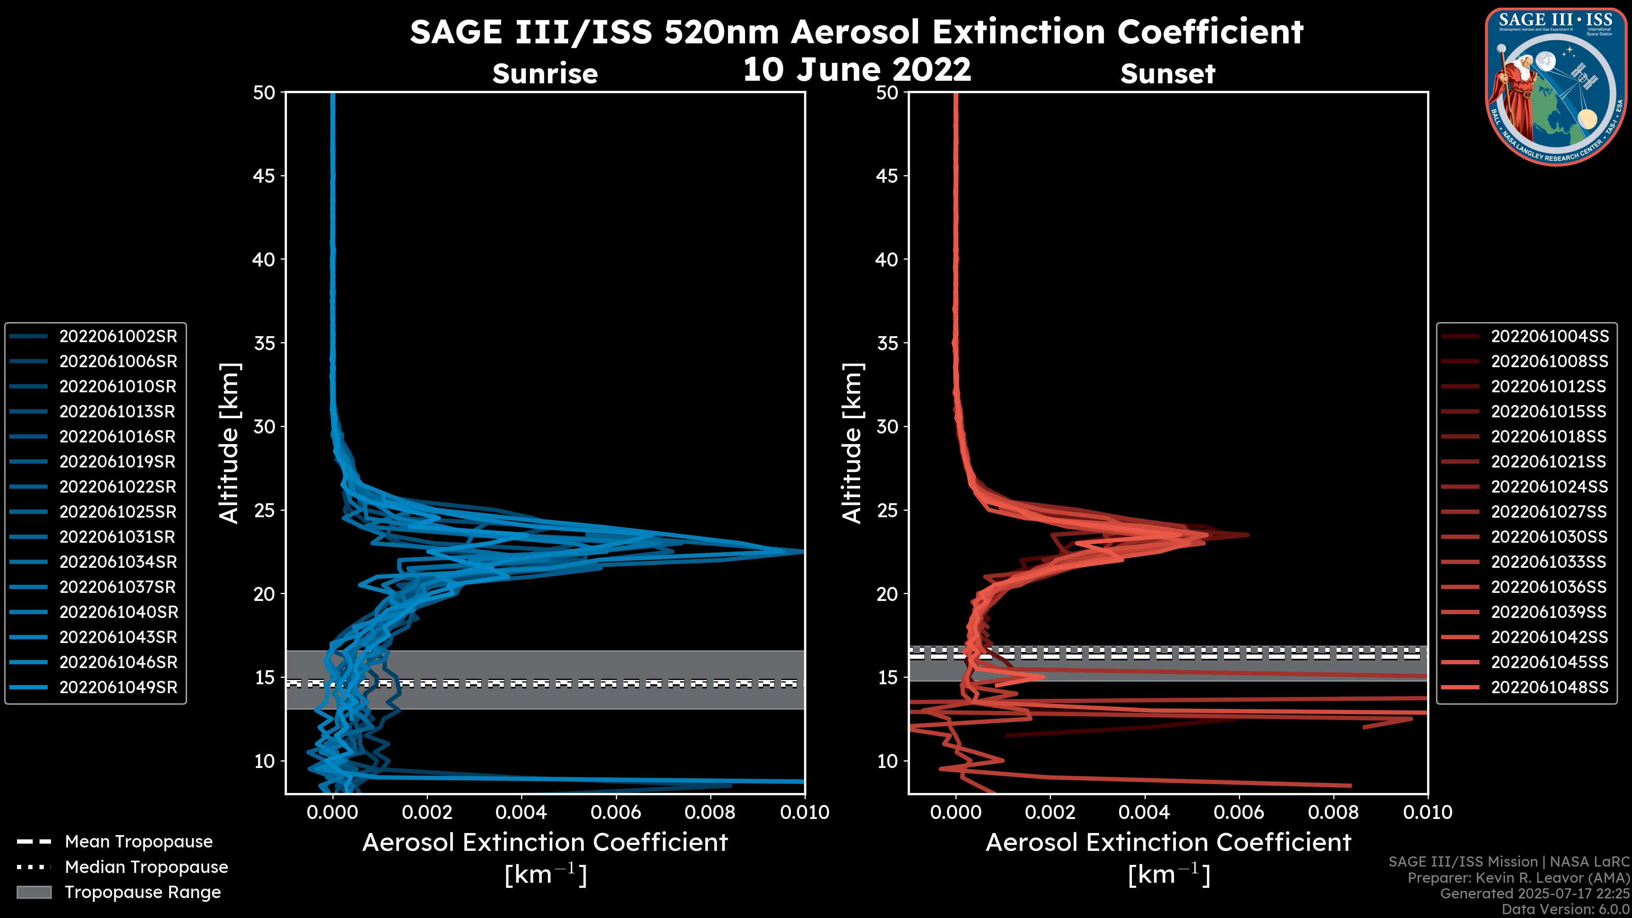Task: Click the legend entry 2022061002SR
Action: (118, 337)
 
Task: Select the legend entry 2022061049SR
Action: (118, 687)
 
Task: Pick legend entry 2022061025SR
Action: (118, 512)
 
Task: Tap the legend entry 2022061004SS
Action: (1549, 337)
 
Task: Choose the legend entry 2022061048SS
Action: (1549, 687)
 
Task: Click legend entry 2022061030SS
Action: (1549, 537)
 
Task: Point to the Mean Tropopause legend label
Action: (138, 842)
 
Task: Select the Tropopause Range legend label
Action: (142, 892)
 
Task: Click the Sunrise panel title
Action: (545, 74)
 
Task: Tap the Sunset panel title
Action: (1167, 74)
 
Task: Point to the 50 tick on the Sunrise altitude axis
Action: (264, 93)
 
